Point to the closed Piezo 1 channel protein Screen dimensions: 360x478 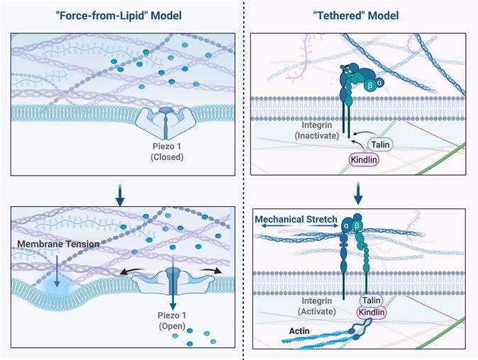[x=166, y=120]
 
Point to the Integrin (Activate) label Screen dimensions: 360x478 [x=311, y=306]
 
